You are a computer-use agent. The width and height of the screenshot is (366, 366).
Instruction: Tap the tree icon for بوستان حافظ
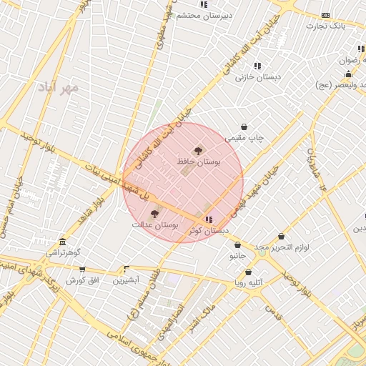tap(198, 151)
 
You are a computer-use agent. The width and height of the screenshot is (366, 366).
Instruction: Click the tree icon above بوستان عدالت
tap(154, 213)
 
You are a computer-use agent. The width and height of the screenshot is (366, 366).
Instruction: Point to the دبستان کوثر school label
tap(209, 231)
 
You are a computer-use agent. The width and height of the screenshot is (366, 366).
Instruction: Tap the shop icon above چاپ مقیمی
tap(244, 127)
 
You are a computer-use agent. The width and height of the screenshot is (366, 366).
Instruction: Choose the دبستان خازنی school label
tap(258, 76)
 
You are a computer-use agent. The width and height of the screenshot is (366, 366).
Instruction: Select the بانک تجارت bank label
tap(326, 26)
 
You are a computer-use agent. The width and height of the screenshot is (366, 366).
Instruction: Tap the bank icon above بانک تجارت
tap(326, 15)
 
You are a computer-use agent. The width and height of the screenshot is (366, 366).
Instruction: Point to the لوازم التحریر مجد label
tap(281, 247)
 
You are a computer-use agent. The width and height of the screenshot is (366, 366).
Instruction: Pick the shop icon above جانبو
tap(237, 244)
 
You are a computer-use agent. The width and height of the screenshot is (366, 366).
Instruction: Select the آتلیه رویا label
tap(249, 282)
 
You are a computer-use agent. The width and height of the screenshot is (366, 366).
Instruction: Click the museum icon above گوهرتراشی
tap(63, 242)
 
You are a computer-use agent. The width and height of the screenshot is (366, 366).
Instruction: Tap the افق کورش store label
tap(81, 280)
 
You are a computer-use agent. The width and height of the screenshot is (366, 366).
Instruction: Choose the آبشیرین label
tap(126, 280)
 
